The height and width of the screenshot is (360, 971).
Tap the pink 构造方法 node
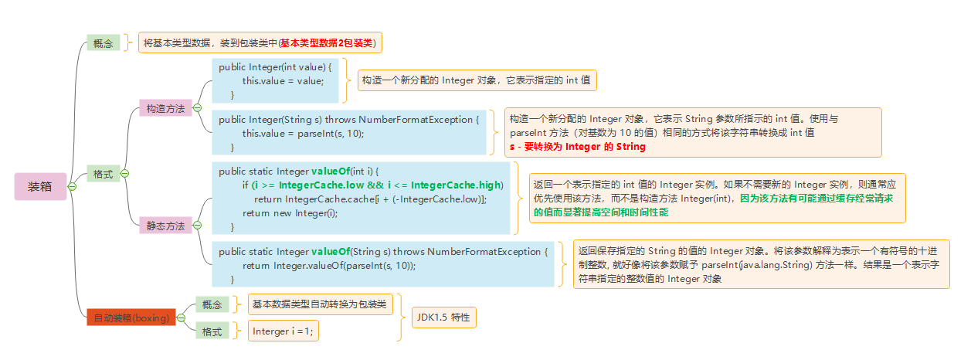[x=165, y=109]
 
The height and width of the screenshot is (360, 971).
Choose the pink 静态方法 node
[x=165, y=226]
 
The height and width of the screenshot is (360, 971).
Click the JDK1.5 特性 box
[x=443, y=318]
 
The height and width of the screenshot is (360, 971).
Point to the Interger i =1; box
[x=283, y=331]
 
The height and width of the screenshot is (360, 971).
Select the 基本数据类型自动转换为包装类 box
[x=321, y=304]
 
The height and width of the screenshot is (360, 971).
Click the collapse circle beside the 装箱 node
[x=72, y=187]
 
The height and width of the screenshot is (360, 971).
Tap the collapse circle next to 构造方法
[x=197, y=109]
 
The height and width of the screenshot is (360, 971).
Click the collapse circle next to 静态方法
[x=197, y=226]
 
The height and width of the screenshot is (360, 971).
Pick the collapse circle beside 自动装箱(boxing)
[x=182, y=318]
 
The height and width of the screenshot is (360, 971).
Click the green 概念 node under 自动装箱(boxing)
[x=212, y=305]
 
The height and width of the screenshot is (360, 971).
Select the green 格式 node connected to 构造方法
[x=102, y=175]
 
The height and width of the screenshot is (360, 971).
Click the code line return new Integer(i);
[x=290, y=212]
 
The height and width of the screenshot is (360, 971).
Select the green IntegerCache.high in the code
[x=456, y=185]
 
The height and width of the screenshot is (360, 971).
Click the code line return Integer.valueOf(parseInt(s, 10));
[x=329, y=265]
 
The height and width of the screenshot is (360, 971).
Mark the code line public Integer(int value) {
[x=275, y=67]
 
